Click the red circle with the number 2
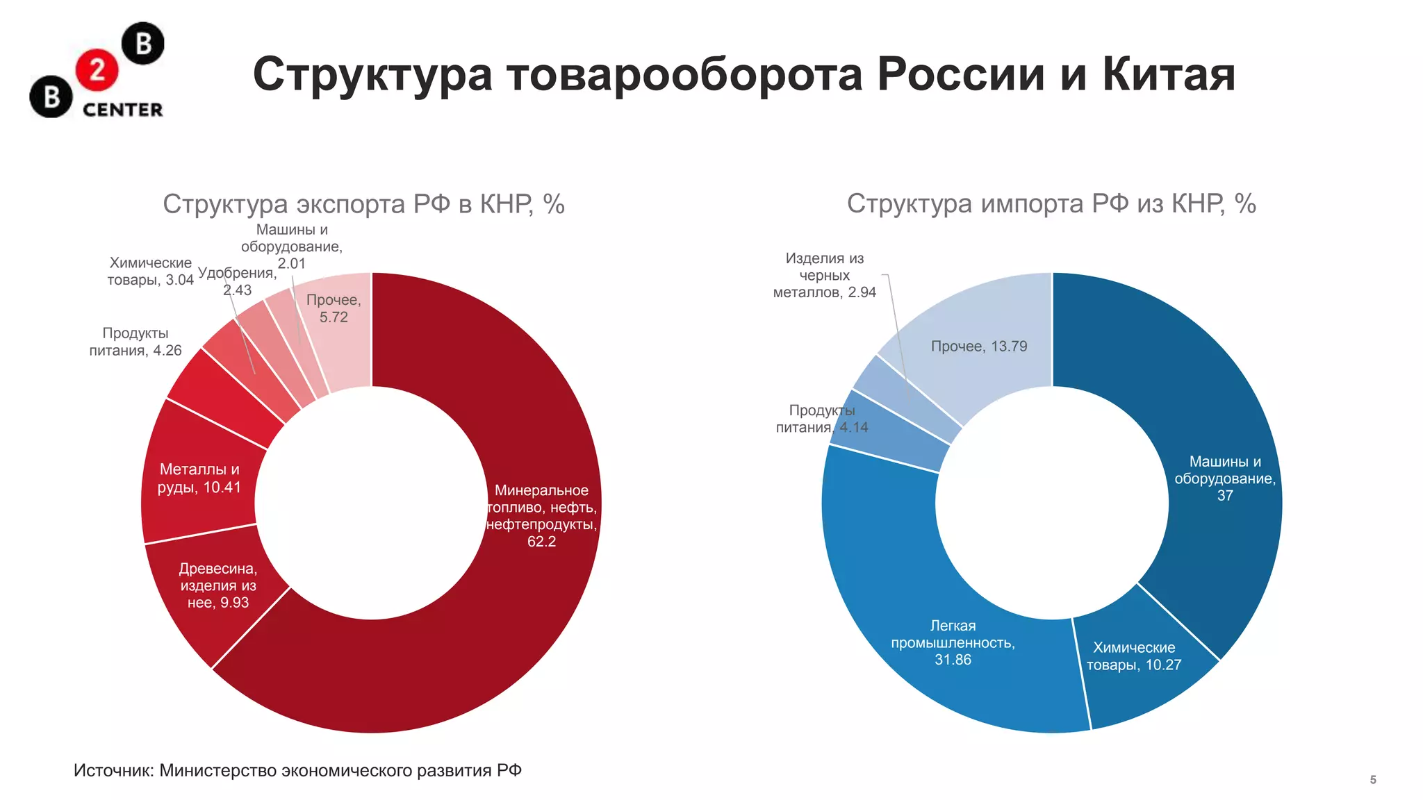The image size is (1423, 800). [97, 70]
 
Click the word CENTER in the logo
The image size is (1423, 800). [122, 110]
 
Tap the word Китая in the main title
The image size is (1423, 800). [1169, 74]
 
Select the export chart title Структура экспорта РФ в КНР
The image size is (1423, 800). [363, 204]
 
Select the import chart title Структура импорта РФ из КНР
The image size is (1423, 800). [1051, 204]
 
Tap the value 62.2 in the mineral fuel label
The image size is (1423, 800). [541, 542]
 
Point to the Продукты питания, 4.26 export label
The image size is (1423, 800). [135, 342]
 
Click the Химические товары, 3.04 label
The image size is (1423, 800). [150, 272]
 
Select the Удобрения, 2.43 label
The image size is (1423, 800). [237, 281]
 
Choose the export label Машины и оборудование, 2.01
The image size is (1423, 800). [292, 247]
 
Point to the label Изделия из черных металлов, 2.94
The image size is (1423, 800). [824, 276]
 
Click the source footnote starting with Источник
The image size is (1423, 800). [297, 771]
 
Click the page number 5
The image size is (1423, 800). [1373, 780]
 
